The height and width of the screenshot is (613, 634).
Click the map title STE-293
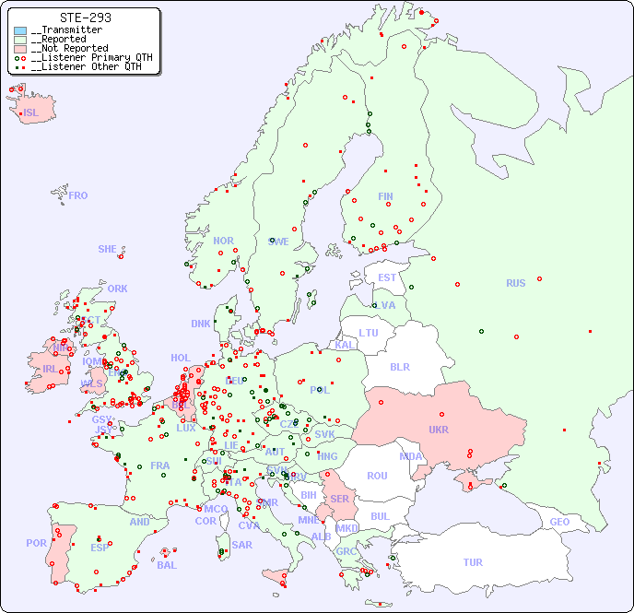85,18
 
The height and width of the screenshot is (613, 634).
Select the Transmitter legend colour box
20,30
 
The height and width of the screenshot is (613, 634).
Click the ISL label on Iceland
30,113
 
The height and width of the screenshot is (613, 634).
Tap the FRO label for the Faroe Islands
78,195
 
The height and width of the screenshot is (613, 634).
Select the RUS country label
515,283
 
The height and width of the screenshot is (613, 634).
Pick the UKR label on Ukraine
439,430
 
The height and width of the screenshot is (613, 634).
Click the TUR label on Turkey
473,562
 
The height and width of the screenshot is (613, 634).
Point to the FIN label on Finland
385,196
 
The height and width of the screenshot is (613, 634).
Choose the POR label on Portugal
36,543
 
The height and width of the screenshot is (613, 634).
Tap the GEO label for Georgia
559,522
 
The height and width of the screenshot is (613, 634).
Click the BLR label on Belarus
400,366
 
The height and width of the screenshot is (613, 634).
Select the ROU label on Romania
377,476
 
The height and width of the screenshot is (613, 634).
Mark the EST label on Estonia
387,277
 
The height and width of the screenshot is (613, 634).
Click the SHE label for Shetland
108,249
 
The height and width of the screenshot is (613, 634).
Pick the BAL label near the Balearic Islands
166,565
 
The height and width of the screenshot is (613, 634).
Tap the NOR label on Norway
223,241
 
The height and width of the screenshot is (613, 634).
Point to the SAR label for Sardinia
241,545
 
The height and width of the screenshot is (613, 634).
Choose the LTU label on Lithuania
369,333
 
